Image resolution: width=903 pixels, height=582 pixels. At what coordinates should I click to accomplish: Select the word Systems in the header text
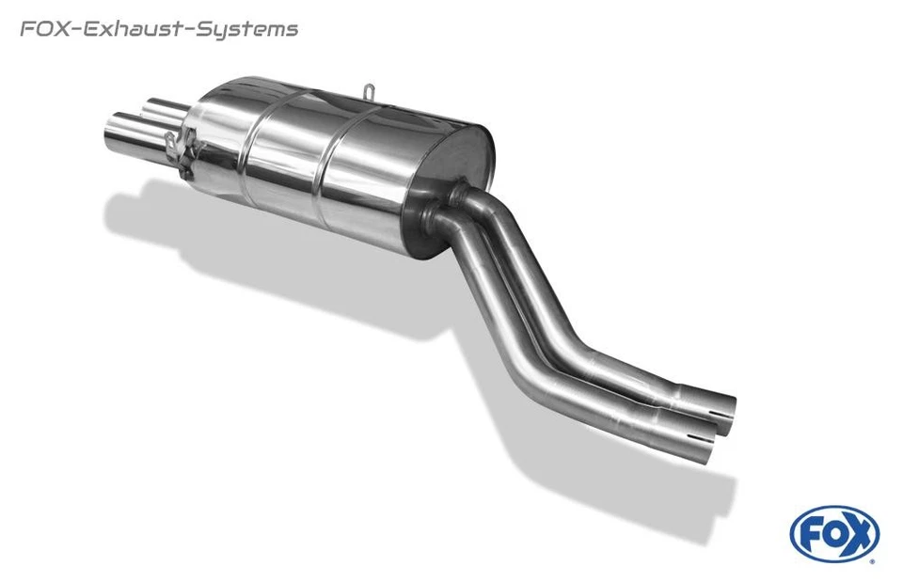click(x=247, y=30)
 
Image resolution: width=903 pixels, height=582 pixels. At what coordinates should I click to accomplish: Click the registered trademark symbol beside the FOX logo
click(x=872, y=560)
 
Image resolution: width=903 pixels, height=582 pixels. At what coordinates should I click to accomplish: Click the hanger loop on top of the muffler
click(x=370, y=91)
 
